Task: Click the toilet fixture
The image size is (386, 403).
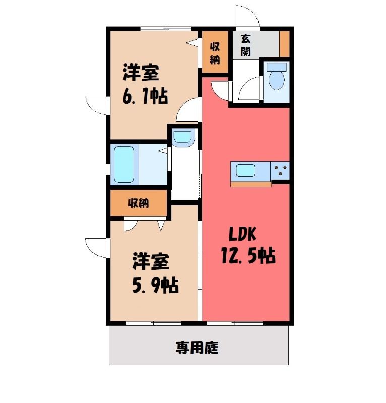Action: pyautogui.click(x=277, y=77)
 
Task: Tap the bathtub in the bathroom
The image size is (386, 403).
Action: pyautogui.click(x=124, y=164)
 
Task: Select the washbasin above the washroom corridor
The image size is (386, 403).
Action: pyautogui.click(x=183, y=138)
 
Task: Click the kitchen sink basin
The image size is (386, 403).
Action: pyautogui.click(x=246, y=171)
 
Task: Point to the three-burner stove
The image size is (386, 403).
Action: pyautogui.click(x=280, y=171)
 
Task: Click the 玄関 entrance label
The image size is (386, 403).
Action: pyautogui.click(x=246, y=45)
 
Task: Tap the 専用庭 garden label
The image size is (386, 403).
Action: pyautogui.click(x=197, y=348)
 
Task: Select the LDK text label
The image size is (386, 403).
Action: pyautogui.click(x=242, y=234)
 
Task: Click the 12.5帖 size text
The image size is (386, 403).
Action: pyautogui.click(x=248, y=256)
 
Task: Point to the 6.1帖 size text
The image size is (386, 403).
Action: pyautogui.click(x=145, y=96)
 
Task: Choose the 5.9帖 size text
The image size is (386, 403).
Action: pyautogui.click(x=155, y=285)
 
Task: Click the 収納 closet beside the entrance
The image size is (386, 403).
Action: pyautogui.click(x=215, y=52)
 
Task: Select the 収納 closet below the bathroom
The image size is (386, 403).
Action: pyautogui.click(x=139, y=204)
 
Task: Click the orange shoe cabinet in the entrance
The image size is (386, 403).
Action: pyautogui.click(x=284, y=44)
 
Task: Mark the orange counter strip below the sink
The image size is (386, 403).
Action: pyautogui.click(x=251, y=184)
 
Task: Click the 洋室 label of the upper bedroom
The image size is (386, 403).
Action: pyautogui.click(x=141, y=73)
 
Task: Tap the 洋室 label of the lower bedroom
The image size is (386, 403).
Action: pyautogui.click(x=151, y=261)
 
